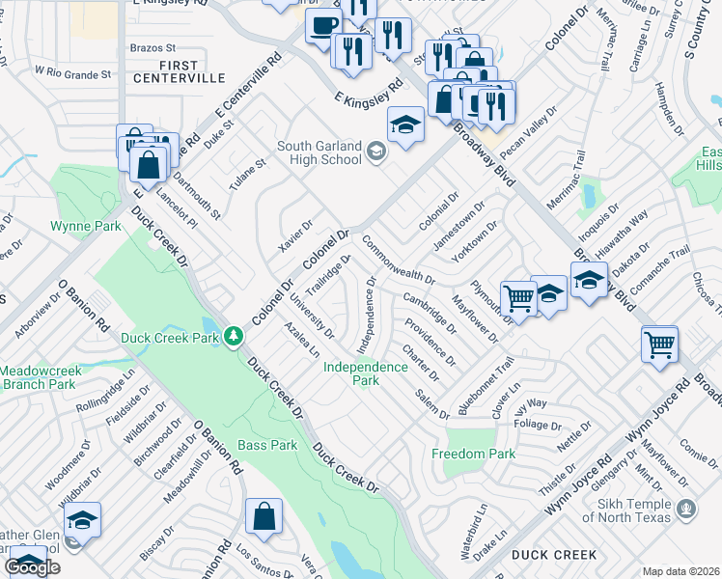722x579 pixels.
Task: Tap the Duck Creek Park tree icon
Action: pyautogui.click(x=233, y=337)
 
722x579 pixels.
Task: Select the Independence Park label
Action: pyautogui.click(x=365, y=373)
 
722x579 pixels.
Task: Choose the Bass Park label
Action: pyautogui.click(x=268, y=445)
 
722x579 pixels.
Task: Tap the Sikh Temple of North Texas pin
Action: pyautogui.click(x=686, y=508)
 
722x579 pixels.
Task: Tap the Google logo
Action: pyautogui.click(x=32, y=567)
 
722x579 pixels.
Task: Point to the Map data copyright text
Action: pyautogui.click(x=680, y=571)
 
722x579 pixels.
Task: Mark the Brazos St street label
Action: pyautogui.click(x=152, y=46)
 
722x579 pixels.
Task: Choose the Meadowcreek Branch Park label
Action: pyautogui.click(x=37, y=377)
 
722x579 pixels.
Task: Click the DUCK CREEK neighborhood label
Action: pyautogui.click(x=554, y=555)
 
